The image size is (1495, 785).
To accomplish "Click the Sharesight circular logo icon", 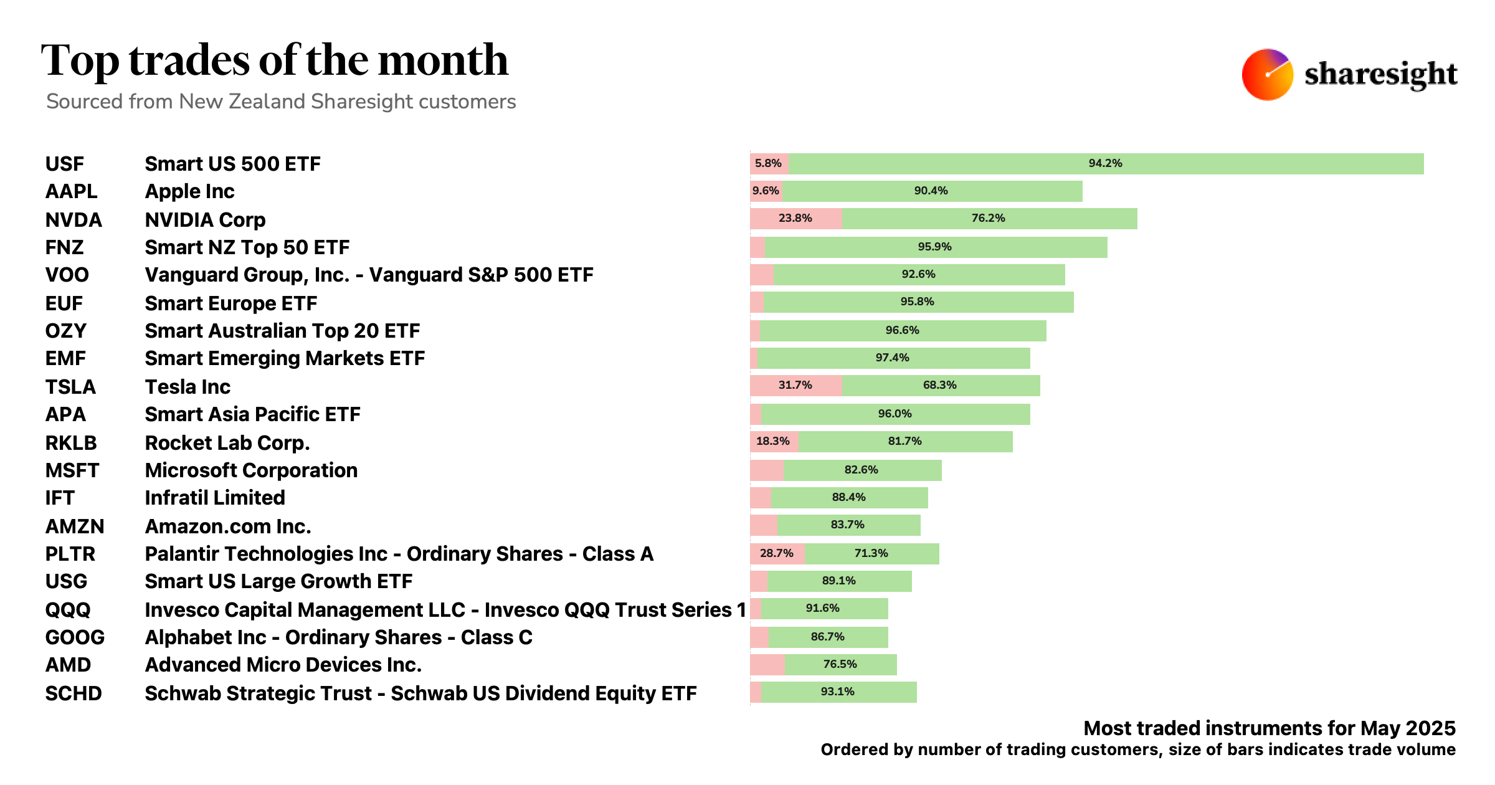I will pyautogui.click(x=1267, y=75).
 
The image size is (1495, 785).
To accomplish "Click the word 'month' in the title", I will pyautogui.click(x=443, y=60).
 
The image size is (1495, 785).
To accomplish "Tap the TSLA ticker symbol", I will pyautogui.click(x=70, y=387).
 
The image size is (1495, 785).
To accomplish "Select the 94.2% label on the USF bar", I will pyautogui.click(x=1105, y=163).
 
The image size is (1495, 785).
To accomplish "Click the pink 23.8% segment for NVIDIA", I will pyautogui.click(x=795, y=219).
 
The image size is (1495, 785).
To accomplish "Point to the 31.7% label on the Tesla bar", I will pyautogui.click(x=795, y=385).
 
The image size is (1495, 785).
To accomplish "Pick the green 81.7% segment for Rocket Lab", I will pyautogui.click(x=905, y=442).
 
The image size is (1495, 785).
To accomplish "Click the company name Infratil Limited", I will pyautogui.click(x=215, y=498).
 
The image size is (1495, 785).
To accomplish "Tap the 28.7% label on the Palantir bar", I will pyautogui.click(x=776, y=553).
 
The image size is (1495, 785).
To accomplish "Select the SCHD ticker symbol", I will pyautogui.click(x=74, y=693).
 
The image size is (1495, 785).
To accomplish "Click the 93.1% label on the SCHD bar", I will pyautogui.click(x=837, y=692).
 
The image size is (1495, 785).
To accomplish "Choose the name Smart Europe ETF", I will pyautogui.click(x=231, y=303).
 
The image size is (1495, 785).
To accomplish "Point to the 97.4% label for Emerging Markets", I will pyautogui.click(x=892, y=358).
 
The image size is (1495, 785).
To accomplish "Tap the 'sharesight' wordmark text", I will pyautogui.click(x=1380, y=75).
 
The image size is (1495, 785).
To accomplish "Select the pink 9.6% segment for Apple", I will pyautogui.click(x=766, y=191).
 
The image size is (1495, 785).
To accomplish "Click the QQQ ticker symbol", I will pyautogui.click(x=68, y=609).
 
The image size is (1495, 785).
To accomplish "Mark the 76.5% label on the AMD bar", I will pyautogui.click(x=840, y=664).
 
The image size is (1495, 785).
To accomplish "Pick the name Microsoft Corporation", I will pyautogui.click(x=251, y=470).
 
